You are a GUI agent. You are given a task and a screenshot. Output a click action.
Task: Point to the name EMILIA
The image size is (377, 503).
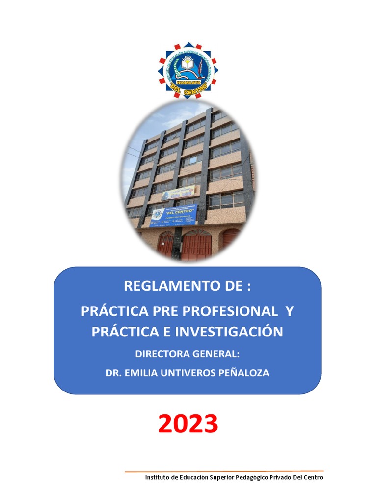point(141,373)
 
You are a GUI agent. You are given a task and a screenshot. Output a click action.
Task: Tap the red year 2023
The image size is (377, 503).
point(188,423)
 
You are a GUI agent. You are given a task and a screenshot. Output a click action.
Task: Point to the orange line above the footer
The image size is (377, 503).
point(224,471)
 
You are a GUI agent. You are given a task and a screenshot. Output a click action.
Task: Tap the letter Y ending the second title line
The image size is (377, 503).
point(289,311)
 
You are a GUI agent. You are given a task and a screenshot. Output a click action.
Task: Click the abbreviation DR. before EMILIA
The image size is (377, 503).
point(114,373)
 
